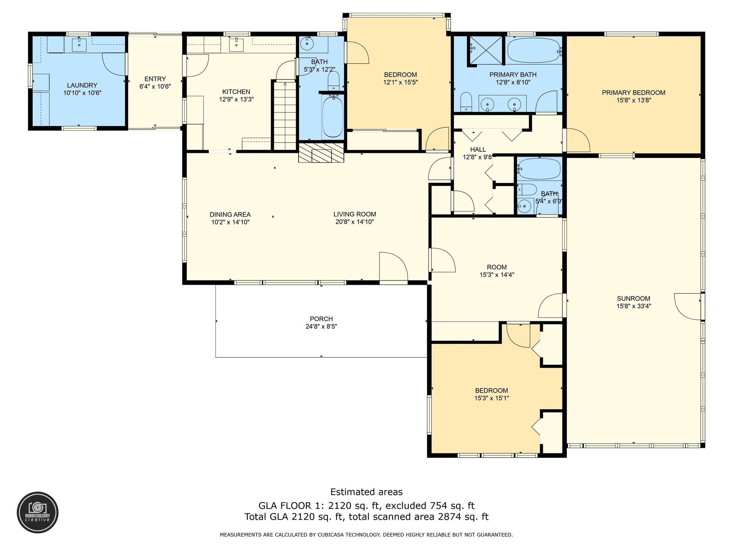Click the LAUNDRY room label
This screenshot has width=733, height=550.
tap(82, 85)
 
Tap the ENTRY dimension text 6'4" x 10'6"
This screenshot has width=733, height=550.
tap(155, 86)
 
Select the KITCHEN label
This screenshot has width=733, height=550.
tap(236, 92)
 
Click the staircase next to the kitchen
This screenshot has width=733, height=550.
tap(285, 115)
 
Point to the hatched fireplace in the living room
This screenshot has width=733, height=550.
tap(321, 153)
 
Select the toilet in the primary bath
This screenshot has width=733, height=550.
tap(466, 101)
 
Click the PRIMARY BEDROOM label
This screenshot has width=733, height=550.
tap(634, 93)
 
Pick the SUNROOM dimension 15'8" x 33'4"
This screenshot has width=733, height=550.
tap(634, 306)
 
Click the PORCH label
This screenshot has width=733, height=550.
tap(321, 319)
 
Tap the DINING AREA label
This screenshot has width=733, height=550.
tap(230, 214)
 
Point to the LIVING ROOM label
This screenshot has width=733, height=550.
tap(355, 214)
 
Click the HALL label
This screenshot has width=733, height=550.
tap(478, 149)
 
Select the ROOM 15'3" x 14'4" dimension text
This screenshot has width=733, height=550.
tap(497, 275)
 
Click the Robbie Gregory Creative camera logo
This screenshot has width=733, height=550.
tap(38, 512)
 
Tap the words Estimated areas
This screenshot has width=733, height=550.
tap(366, 492)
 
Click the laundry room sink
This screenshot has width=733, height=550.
tap(79, 45)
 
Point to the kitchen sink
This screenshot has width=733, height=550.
tap(237, 45)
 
